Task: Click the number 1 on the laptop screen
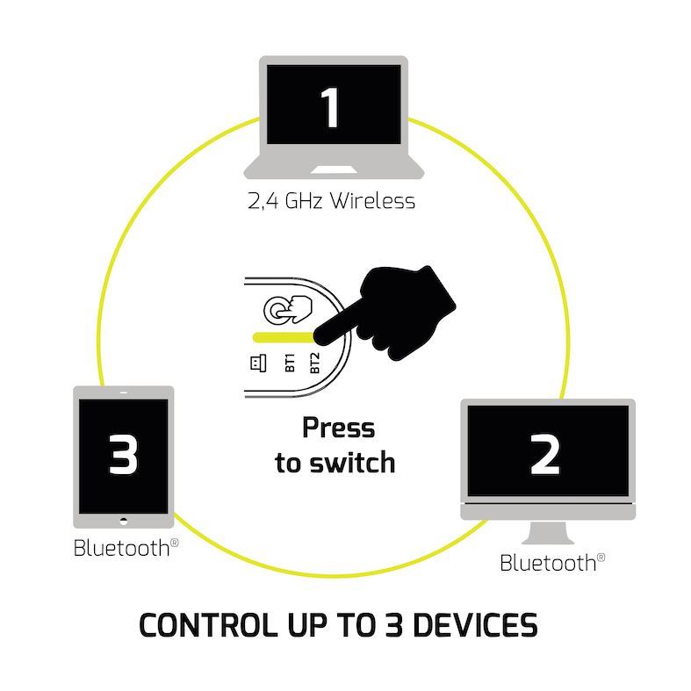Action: (331, 108)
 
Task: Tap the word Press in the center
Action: (338, 428)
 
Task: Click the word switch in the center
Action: (351, 463)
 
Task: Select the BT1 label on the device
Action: (290, 363)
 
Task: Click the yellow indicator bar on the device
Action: (281, 336)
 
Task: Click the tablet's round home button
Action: (123, 520)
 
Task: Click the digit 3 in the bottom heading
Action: (393, 625)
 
